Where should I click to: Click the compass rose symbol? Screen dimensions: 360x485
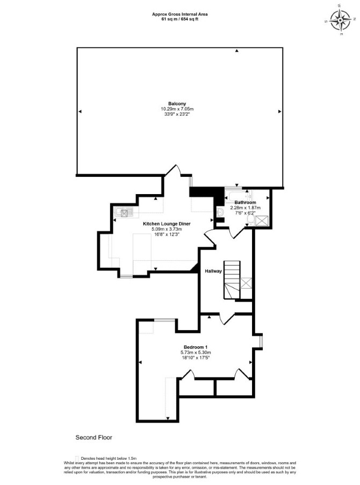tap(340, 20)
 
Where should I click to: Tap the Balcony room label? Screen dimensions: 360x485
tap(177, 104)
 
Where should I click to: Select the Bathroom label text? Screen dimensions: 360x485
tap(245, 203)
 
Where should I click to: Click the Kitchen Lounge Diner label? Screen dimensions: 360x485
tap(167, 224)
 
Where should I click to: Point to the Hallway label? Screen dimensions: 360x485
tap(213, 271)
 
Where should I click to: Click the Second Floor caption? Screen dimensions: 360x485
tap(94, 438)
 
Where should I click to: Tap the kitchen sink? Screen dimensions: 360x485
tap(124, 212)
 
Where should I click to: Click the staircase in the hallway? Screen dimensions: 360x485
tap(232, 280)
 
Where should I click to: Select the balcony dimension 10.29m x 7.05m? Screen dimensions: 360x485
tap(177, 109)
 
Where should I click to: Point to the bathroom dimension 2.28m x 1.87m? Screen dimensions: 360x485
tap(246, 208)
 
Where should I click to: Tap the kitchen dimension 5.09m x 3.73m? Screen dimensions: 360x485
tap(167, 229)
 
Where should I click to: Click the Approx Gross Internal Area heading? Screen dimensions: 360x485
tap(180, 14)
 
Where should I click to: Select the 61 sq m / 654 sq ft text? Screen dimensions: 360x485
tap(180, 19)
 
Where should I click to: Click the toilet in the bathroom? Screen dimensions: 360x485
tap(250, 219)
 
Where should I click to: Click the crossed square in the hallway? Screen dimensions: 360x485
tap(246, 283)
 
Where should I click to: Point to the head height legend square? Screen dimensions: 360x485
tap(77, 458)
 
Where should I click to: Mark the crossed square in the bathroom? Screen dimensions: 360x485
tap(262, 220)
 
